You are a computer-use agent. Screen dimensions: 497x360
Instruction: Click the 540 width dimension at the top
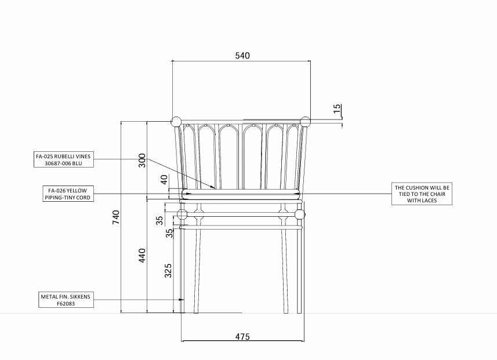[x=242, y=56]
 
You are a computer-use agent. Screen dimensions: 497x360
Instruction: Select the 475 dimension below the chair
[x=242, y=337]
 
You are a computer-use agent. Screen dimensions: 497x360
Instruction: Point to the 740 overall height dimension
[x=116, y=217]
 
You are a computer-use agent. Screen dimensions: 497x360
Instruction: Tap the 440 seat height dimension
[x=142, y=256]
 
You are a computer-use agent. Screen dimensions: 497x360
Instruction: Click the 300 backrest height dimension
[x=142, y=161]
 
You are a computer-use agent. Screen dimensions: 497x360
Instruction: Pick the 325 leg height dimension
[x=168, y=271]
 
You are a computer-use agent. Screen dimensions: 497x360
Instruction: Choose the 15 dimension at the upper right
[x=338, y=109]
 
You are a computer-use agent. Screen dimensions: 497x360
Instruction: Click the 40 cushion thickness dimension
[x=164, y=180]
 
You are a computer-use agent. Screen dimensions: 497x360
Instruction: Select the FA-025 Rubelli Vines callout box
[x=64, y=159]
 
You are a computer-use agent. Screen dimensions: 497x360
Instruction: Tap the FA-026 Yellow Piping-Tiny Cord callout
[x=68, y=194]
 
